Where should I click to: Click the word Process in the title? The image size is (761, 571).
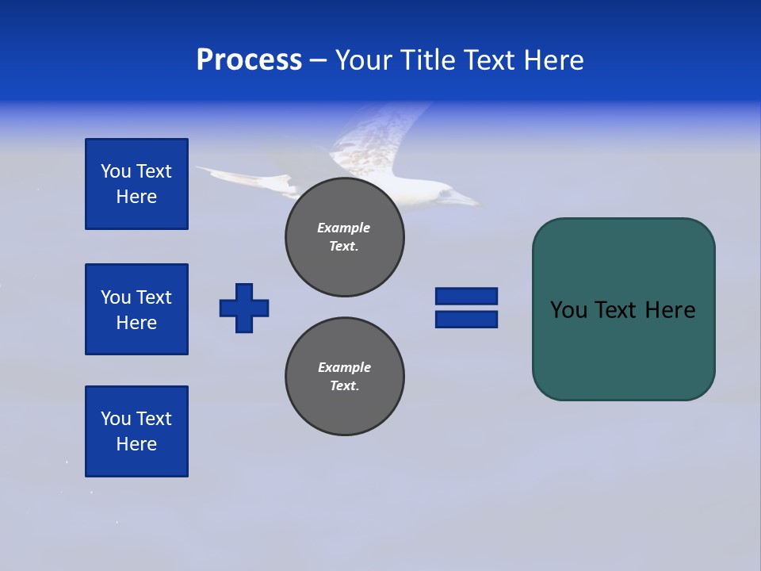point(249,60)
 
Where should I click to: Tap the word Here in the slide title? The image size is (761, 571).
point(553,60)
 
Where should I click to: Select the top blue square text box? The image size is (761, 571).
point(136,184)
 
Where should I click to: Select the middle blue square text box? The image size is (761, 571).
point(136,309)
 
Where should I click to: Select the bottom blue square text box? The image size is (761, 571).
point(136,431)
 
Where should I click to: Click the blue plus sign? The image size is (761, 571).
point(244,308)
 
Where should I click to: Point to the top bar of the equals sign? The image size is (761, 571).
point(466,296)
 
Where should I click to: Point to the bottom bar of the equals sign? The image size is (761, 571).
point(466,319)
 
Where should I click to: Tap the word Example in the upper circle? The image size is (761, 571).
point(344,228)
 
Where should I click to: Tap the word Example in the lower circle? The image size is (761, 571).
point(344,367)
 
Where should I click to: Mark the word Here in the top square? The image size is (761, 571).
point(136,197)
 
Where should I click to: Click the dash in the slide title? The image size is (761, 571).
point(319,60)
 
